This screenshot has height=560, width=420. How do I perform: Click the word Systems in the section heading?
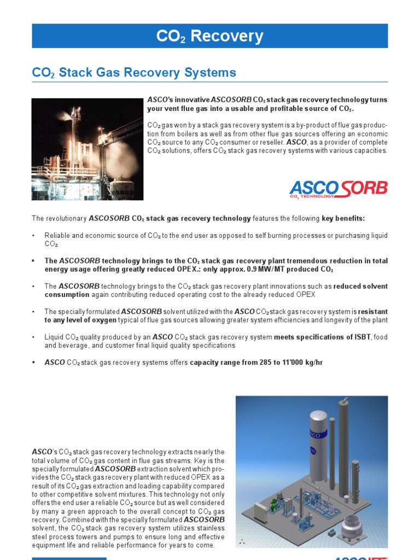coord(210,72)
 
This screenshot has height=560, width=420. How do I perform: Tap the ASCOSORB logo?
coord(338,189)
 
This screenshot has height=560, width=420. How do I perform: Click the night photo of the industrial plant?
coord(87,149)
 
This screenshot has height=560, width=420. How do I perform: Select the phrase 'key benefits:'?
coord(343,219)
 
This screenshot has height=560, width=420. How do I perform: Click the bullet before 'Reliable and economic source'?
coord(33,236)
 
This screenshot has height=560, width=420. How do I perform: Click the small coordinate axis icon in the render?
coord(241,541)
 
